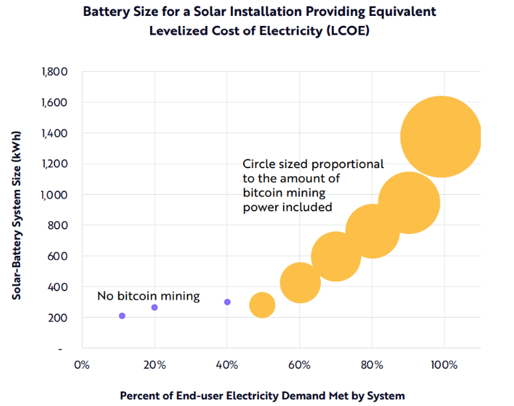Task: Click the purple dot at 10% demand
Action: tap(122, 316)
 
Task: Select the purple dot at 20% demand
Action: tap(155, 308)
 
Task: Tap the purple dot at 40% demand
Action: tap(227, 302)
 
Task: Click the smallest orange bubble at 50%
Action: tap(262, 305)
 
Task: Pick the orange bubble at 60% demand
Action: tap(300, 282)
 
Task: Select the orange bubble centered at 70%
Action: tap(335, 256)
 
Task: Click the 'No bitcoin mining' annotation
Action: tap(148, 296)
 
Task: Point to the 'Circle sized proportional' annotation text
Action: tap(313, 163)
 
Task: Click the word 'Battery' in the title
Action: tap(104, 13)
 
